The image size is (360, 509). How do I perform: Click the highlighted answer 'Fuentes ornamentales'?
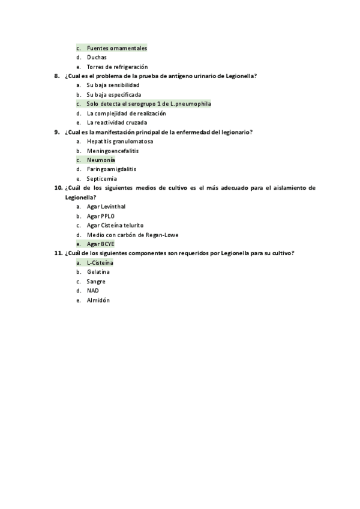pos(116,48)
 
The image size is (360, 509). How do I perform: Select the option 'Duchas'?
pos(97,58)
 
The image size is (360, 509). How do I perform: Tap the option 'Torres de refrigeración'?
pos(117,67)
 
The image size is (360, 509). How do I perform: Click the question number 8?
pos(56,76)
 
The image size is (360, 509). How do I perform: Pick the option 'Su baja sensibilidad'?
pos(113,86)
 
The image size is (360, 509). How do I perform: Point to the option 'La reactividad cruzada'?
pos(116,123)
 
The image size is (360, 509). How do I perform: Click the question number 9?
pos(56,132)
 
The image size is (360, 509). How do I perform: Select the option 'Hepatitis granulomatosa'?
pos(119,142)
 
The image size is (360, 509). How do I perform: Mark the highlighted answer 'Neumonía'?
pos(101,160)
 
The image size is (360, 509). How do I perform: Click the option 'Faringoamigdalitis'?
pos(111,169)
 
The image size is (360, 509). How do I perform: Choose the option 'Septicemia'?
pos(101,179)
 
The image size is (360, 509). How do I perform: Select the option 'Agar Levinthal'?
pos(106,206)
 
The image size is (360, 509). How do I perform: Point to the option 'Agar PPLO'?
pos(100,216)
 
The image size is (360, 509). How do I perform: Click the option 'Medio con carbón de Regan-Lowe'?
pos(132,235)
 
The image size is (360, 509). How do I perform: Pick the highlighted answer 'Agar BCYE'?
pos(100,244)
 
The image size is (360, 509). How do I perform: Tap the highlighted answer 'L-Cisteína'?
pos(100,263)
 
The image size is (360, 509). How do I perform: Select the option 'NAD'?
pos(92,291)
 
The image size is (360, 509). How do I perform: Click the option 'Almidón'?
pos(98,300)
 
